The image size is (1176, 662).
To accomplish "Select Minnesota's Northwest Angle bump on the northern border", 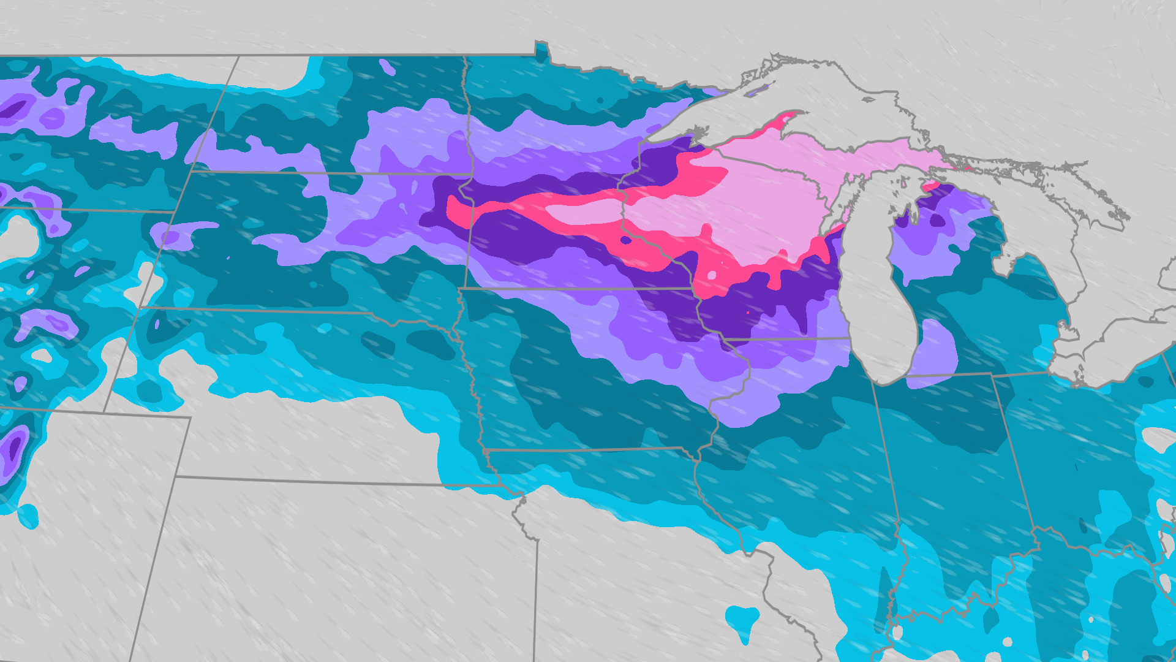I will pos(541,49).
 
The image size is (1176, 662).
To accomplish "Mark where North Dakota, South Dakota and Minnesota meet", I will pos(470,174).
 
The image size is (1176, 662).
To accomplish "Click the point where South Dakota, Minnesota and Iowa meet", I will pos(461,287).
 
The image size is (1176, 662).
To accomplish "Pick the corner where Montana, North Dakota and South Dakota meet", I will pos(191,172).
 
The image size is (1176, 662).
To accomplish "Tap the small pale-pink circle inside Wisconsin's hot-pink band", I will pos(711,275).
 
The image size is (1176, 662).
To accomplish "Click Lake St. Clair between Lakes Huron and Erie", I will pos(1066,334).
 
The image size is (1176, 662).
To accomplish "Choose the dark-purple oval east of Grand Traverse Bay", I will pos(937,220).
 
